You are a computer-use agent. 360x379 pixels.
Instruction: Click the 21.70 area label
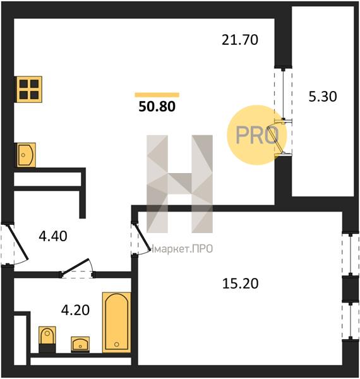coord(239,40)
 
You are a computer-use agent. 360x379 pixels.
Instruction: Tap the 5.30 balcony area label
coord(323,97)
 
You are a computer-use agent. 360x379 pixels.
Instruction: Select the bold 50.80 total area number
coord(157,107)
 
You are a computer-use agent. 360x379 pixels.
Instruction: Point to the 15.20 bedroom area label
coord(240,284)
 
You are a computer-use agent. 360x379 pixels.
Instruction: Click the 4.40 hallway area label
coord(53,236)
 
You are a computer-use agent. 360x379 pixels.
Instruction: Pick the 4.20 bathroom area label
coord(75,310)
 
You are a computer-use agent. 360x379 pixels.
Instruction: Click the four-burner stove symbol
coord(29,89)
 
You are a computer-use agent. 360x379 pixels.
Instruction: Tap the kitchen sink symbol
coord(26,155)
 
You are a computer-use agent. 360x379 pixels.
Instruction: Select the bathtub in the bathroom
coord(116,322)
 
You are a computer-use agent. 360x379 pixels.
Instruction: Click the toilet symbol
coord(47,339)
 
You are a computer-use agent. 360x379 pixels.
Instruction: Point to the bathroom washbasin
coord(80,344)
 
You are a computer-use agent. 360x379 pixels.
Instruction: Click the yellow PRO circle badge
coord(256,135)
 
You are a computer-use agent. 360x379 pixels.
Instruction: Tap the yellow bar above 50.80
coord(157,95)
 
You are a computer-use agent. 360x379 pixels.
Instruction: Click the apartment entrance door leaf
coord(18,242)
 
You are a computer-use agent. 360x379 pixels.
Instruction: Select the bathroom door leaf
coord(75,267)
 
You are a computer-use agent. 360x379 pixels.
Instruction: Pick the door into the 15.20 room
coord(141,235)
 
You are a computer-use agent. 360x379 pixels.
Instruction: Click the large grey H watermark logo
coord(179,184)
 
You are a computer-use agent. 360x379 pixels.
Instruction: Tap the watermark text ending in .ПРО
coord(181,248)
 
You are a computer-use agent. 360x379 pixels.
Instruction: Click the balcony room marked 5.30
coord(323,101)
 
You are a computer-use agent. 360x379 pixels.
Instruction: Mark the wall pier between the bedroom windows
coord(351,289)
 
